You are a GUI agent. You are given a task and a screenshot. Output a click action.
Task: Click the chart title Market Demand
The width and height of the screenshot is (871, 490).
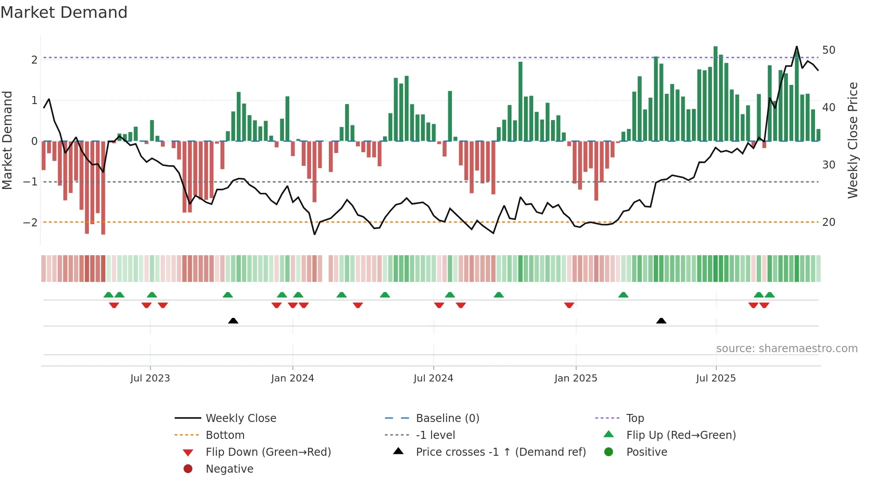[x=64, y=12]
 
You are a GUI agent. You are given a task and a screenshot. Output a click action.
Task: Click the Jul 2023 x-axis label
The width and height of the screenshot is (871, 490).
[x=150, y=378]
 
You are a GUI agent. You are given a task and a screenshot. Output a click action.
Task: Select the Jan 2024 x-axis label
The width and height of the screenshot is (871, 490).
[x=292, y=378]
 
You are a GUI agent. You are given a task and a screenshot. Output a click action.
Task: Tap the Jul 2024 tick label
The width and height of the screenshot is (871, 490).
[x=433, y=378]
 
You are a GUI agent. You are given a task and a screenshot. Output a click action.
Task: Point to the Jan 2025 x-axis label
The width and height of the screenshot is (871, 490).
[x=575, y=378]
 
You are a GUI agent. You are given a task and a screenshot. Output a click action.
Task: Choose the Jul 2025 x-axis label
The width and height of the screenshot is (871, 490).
[x=716, y=378]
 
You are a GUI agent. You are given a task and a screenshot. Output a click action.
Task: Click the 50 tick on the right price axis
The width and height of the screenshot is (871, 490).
[x=828, y=50]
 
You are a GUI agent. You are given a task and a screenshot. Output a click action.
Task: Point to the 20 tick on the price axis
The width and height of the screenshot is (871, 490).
[x=828, y=222]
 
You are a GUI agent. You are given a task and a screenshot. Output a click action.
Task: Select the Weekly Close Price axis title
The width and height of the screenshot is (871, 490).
[x=852, y=140]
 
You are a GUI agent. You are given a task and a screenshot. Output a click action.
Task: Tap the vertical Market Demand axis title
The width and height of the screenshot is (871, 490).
[x=8, y=140]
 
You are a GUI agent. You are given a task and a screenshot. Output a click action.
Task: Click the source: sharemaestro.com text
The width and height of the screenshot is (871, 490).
[x=787, y=349]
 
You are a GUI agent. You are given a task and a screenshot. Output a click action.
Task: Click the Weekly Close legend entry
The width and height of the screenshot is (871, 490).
[x=240, y=418]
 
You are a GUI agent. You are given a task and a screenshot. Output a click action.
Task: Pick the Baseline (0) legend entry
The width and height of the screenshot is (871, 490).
[x=447, y=418]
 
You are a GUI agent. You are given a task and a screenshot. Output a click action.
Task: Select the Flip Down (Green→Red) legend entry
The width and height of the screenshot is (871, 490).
[x=268, y=452]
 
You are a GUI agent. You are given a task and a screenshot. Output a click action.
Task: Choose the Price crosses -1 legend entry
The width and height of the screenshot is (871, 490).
[x=500, y=452]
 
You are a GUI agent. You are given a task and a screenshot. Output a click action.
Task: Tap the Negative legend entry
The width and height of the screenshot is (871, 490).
[x=229, y=469]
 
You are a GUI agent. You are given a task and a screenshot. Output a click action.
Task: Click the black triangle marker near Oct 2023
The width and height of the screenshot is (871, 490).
[x=233, y=321]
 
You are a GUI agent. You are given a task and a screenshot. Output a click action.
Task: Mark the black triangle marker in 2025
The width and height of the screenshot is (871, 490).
[x=661, y=321]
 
